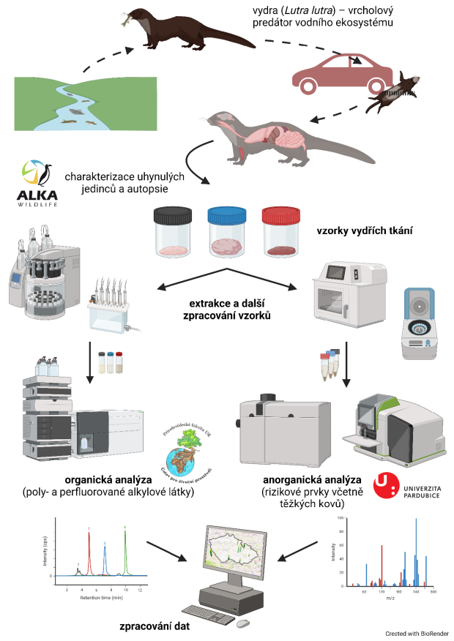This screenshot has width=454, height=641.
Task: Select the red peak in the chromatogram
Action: (x=89, y=552)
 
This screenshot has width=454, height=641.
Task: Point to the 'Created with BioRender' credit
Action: (x=417, y=633)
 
